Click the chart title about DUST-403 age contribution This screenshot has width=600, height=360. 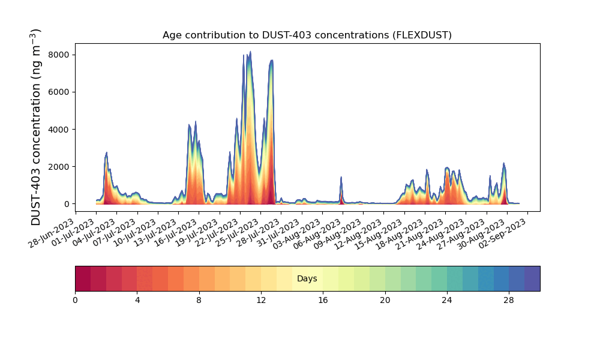click(x=307, y=35)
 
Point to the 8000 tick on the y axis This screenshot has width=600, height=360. click(x=61, y=55)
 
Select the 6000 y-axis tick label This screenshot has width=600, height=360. click(x=61, y=92)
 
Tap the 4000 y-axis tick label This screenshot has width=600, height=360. click(x=61, y=130)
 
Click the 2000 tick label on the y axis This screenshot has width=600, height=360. click(x=61, y=167)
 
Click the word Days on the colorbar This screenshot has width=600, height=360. click(x=307, y=279)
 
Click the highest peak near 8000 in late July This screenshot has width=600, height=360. click(x=250, y=52)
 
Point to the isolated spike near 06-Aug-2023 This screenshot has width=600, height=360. click(x=341, y=178)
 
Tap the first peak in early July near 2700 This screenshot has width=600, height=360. click(x=106, y=153)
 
